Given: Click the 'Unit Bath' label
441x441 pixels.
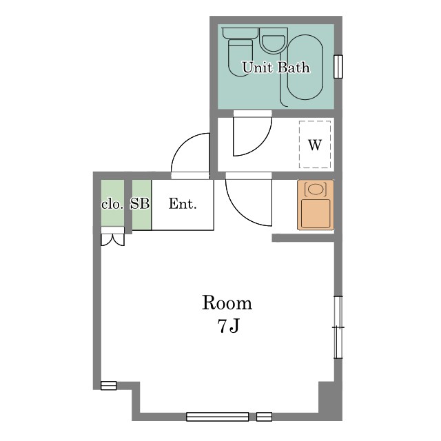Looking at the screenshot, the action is pos(276,68).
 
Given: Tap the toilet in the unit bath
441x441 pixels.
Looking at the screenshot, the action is pos(240,52).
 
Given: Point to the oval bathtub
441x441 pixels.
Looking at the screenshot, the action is pos(305,68).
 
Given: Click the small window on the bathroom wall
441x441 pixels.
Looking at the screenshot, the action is pos(338,66).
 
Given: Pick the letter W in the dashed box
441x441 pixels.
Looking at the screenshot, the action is pos(315,145).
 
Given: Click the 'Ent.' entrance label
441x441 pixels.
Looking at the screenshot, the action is pos(182,204).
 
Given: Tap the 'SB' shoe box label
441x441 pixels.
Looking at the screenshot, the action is pos(140,203).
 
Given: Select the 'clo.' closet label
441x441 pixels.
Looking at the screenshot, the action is pos(112,204).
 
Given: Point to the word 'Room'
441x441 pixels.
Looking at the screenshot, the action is pos(227,303).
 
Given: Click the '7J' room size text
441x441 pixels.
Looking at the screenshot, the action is pos(228,326).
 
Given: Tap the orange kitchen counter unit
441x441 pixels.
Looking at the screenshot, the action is pos(316,205).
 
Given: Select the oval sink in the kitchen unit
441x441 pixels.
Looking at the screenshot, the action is pos(316,189).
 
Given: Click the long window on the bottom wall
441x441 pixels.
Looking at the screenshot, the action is pos(218,416).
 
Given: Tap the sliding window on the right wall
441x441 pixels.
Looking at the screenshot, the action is pos(338,327).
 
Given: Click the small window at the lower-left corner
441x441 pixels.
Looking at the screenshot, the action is pos(109,385).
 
